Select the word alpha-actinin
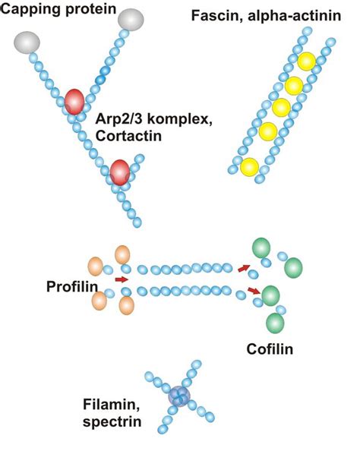(x=294, y=15)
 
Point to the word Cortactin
(x=128, y=136)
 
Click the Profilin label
(x=72, y=286)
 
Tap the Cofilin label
(x=270, y=349)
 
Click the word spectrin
(x=112, y=422)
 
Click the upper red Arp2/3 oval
(x=74, y=102)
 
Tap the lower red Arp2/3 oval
(x=120, y=172)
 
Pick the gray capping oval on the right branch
(x=131, y=20)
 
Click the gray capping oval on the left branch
(x=27, y=43)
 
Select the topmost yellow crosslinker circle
(x=307, y=61)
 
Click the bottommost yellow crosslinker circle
(x=250, y=167)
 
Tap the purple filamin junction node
(x=179, y=396)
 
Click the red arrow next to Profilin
(x=122, y=279)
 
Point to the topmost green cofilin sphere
(x=261, y=248)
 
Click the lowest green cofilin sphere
(x=276, y=323)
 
